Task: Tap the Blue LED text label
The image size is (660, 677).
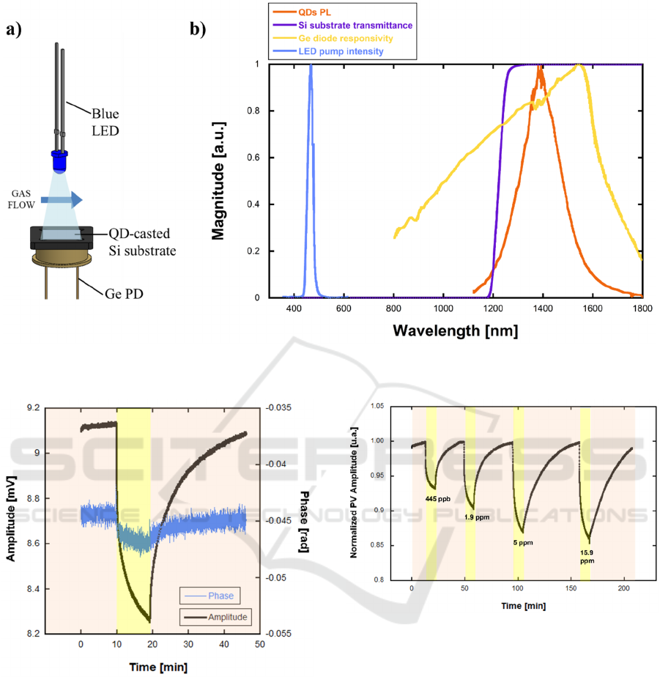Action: [x=105, y=121]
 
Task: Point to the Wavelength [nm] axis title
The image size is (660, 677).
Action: [x=455, y=330]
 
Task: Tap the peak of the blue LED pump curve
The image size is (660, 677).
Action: [x=311, y=66]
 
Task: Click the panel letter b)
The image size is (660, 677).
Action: [x=198, y=29]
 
